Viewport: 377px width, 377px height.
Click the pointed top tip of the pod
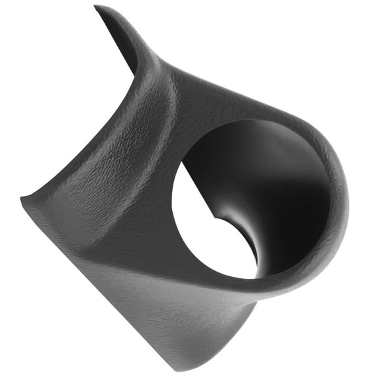point(96,7)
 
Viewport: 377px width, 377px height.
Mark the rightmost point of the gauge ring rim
point(348,196)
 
